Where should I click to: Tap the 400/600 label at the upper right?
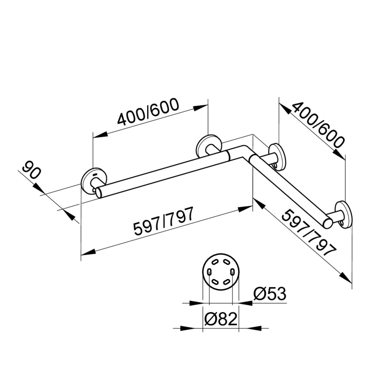(x=318, y=125)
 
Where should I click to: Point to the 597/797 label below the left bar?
(x=164, y=221)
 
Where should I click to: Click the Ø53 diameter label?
(x=270, y=294)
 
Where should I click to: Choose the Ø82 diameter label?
(x=220, y=319)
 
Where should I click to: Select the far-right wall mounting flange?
(x=343, y=215)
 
